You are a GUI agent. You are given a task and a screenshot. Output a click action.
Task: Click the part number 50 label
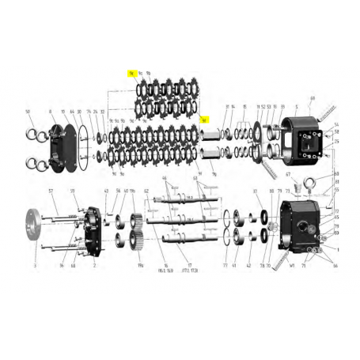(x=28, y=112)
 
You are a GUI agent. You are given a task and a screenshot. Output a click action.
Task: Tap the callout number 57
(x=50, y=192)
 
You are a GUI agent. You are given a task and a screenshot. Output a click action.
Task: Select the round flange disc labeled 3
(x=34, y=228)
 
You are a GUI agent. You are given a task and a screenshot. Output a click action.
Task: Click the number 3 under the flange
(x=35, y=267)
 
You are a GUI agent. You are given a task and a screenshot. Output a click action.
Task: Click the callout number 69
(x=313, y=100)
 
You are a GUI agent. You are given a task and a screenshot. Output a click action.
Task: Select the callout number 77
(x=225, y=266)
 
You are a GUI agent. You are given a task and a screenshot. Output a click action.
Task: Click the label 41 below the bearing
(x=235, y=266)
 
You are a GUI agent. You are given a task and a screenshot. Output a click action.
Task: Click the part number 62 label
(x=146, y=192)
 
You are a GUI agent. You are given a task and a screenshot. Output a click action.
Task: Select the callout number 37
(x=255, y=192)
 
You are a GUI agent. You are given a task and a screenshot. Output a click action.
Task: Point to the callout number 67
(x=288, y=174)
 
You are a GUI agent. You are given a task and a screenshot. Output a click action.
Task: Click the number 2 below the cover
(x=95, y=267)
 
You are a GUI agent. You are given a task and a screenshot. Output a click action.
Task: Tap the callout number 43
(x=106, y=192)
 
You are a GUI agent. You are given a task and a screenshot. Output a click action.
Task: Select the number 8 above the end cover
(x=51, y=112)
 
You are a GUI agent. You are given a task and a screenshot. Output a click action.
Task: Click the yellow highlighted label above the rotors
(x=131, y=72)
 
